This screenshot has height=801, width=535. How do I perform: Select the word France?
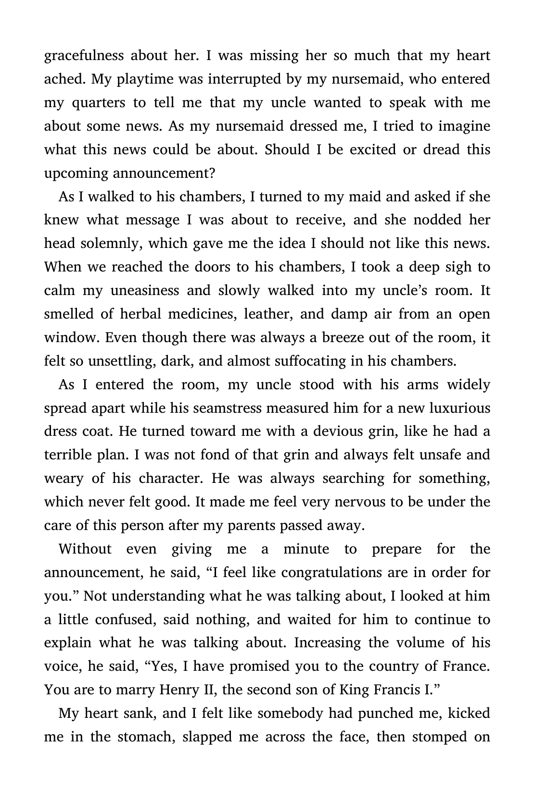(x=466, y=667)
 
